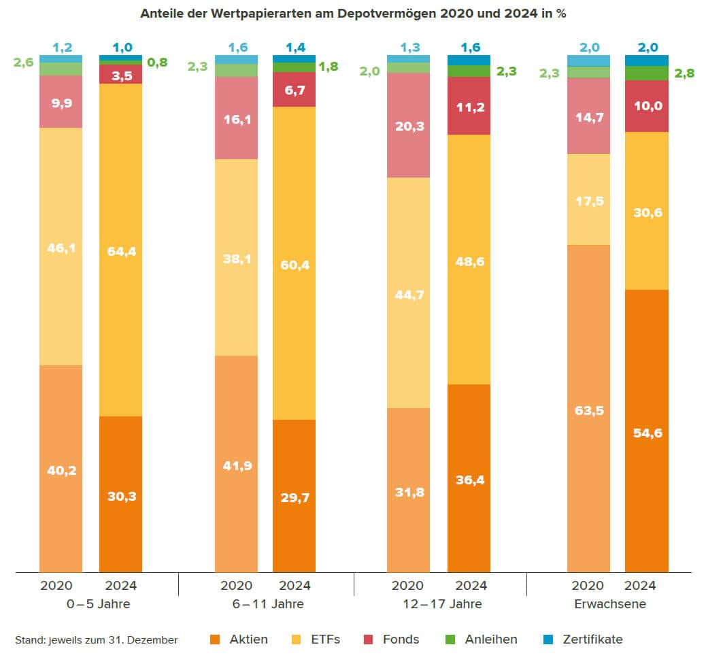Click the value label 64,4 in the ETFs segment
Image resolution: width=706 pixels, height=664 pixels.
coord(120,252)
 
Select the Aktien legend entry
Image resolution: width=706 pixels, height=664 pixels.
coord(239,640)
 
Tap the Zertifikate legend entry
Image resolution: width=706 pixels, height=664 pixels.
coord(584,640)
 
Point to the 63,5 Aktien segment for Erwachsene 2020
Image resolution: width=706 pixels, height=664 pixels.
coord(588,410)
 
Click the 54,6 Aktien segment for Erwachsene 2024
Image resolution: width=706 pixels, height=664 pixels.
coord(646,432)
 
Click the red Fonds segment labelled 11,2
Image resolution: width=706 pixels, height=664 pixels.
coord(469,106)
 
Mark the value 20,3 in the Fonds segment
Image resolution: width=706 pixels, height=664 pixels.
coord(408,124)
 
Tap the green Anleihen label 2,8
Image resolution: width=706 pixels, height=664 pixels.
coord(684,73)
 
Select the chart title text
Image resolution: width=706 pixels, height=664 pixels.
coord(353,14)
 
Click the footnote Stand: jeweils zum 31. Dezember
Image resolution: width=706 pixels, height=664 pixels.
coord(96,640)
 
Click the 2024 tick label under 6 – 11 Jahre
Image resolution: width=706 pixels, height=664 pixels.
coord(295,586)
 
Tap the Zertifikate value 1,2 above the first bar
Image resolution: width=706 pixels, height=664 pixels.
coord(61,48)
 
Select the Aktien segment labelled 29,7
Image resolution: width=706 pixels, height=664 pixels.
coord(294,497)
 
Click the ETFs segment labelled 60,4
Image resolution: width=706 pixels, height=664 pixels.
coord(294,265)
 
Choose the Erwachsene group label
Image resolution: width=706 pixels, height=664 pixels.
coord(610,604)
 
